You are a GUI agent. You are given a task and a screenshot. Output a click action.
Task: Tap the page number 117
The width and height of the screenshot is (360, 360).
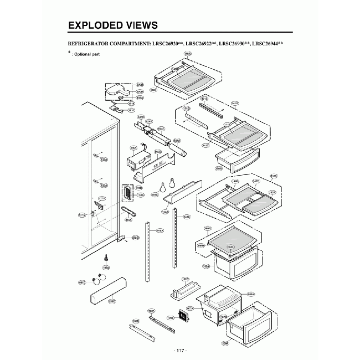(180, 351)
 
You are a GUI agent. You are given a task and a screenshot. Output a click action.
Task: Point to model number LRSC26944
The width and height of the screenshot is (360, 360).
(266, 43)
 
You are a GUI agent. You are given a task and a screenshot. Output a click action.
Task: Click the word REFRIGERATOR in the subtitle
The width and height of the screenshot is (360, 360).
(88, 43)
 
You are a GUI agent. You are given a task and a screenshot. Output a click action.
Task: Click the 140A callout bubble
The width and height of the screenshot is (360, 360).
(188, 54)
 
